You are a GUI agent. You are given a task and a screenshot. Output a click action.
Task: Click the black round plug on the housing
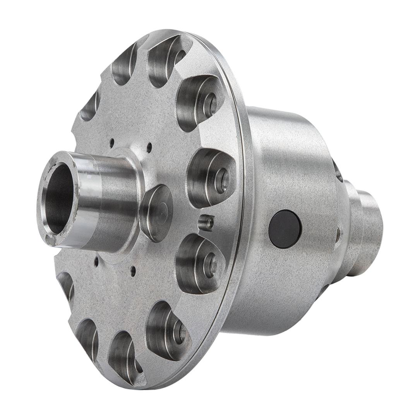(285, 229)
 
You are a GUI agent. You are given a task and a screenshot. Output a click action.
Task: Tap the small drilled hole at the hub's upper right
(149, 147)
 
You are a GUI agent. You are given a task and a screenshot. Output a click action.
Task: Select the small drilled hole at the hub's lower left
(96, 262)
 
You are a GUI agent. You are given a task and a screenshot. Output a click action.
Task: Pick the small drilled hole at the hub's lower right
(133, 271)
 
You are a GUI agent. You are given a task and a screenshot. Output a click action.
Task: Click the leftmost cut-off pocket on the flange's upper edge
(90, 104)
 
